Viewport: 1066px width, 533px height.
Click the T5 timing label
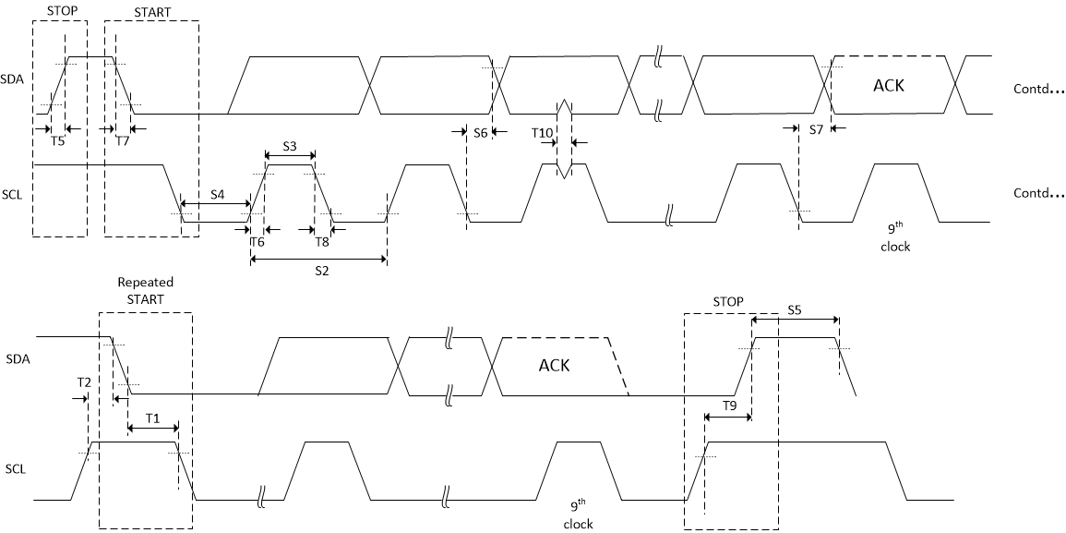pos(57,141)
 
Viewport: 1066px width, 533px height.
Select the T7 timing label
pos(123,141)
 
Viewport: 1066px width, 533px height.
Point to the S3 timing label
pos(289,146)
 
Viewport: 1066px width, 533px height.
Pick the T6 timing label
pos(258,242)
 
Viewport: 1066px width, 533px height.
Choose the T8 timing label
pos(321,242)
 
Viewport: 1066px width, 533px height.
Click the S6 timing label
pos(480,133)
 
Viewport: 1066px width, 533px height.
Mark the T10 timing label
pos(542,133)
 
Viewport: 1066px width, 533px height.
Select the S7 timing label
pos(815,130)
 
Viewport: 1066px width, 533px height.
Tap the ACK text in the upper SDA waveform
pos(889,86)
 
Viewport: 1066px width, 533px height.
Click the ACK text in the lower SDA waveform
pos(554,365)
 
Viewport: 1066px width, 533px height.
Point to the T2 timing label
pos(84,382)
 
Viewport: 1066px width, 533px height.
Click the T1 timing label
pos(152,418)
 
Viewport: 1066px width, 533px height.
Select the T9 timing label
pos(729,406)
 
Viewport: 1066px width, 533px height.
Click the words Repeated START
pos(145,291)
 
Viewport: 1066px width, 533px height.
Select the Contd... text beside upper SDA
pos(1037,86)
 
